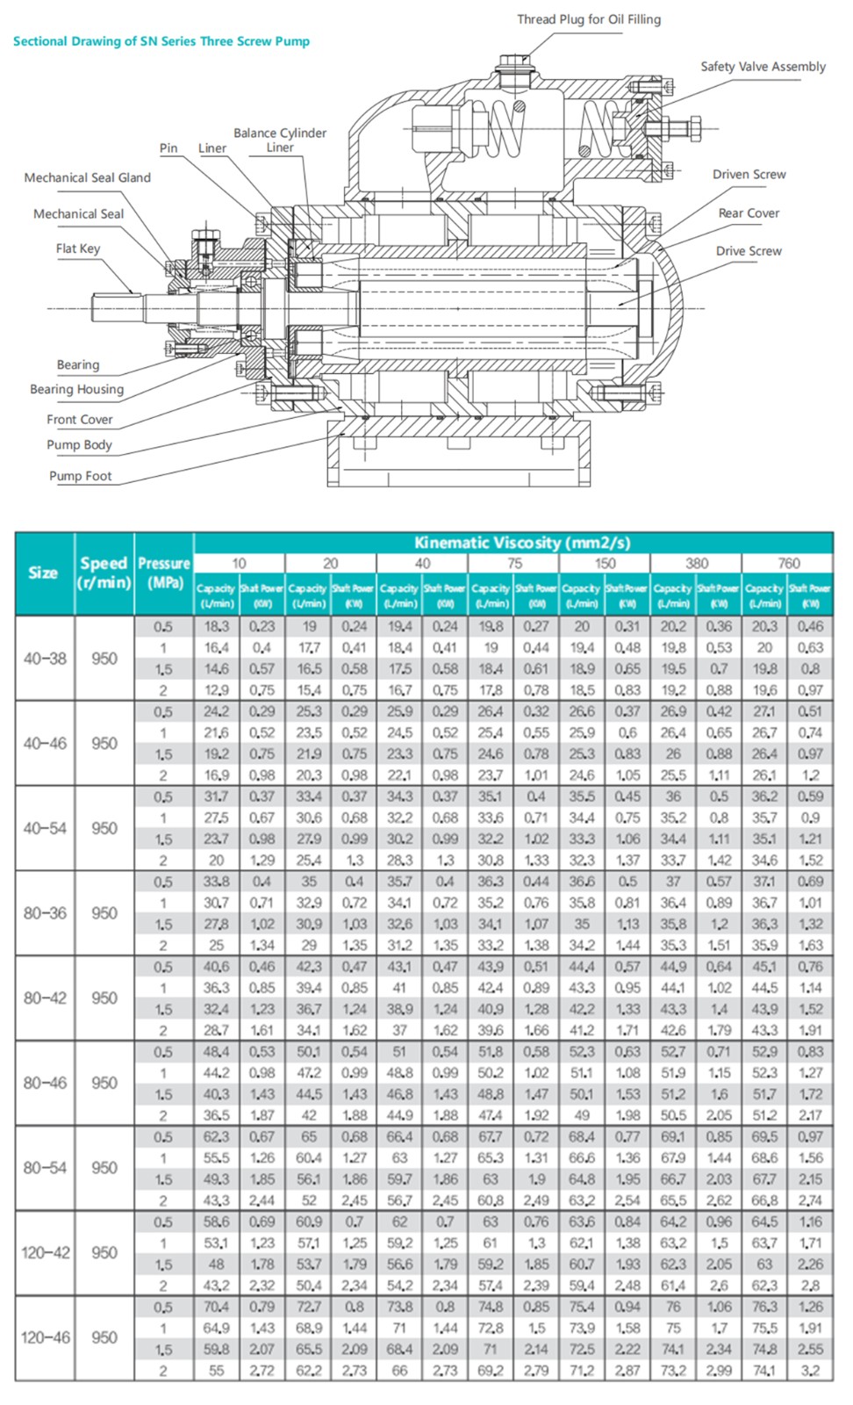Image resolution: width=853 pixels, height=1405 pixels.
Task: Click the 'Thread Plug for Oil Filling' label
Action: (588, 19)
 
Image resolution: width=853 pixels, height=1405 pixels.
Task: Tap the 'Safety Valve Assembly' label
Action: (763, 67)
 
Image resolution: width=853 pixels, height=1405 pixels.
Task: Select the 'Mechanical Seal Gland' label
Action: (87, 177)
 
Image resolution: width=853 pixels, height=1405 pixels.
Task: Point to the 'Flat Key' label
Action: (78, 249)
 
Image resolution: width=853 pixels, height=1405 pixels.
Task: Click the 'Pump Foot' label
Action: (80, 476)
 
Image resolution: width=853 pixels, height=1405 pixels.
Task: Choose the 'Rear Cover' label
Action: (749, 213)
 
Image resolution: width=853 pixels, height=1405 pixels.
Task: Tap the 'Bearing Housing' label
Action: (76, 389)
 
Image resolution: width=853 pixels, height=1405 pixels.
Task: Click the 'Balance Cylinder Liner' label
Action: (280, 140)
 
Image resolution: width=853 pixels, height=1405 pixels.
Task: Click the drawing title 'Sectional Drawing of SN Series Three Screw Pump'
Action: (161, 41)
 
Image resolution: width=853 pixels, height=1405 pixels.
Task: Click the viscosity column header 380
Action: (697, 563)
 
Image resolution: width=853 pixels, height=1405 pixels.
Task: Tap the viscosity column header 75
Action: (513, 563)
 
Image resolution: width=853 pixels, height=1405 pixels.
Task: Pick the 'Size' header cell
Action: (43, 573)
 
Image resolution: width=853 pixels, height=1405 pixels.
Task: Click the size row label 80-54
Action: (45, 1168)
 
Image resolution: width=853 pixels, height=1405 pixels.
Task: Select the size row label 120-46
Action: (45, 1337)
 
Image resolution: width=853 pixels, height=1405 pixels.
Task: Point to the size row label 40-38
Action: (45, 659)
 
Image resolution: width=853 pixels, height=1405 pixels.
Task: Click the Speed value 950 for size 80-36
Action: (104, 913)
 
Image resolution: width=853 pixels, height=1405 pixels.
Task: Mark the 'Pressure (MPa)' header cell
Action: (164, 573)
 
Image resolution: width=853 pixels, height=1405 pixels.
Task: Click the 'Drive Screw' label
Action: (748, 251)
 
